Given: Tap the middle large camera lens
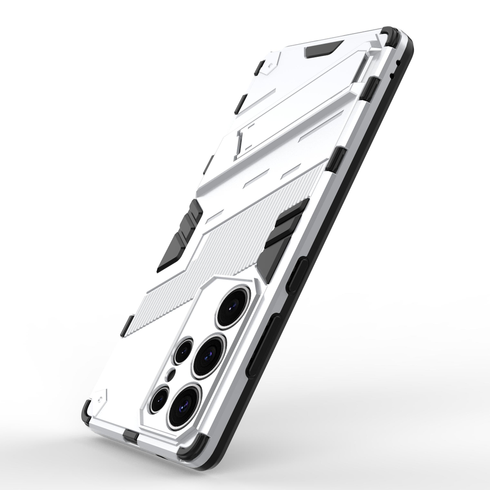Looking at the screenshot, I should click(208, 356).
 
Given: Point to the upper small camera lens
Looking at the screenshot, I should click(183, 351).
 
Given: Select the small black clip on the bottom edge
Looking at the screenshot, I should click(130, 435).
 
